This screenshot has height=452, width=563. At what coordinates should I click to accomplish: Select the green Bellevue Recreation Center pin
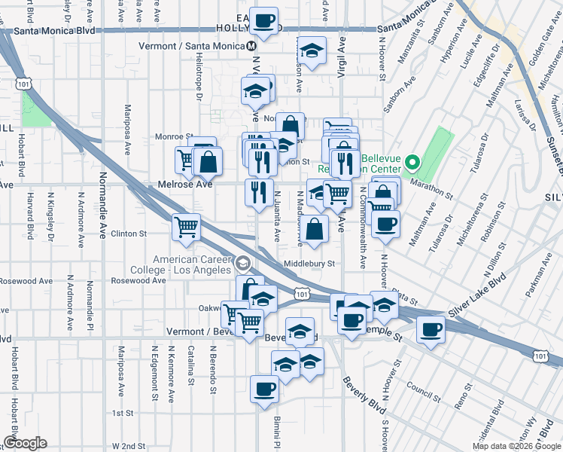(x=412, y=162)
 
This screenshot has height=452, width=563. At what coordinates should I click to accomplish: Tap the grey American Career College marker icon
(x=242, y=263)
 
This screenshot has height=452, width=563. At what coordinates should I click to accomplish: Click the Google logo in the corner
(x=25, y=443)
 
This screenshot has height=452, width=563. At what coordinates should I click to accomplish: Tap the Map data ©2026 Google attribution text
(x=516, y=447)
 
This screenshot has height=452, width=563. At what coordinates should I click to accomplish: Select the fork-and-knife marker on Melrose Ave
(x=257, y=193)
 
